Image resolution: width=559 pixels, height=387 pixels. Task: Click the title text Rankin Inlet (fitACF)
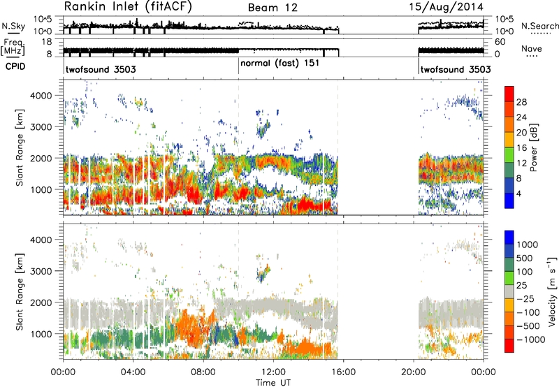click(x=128, y=7)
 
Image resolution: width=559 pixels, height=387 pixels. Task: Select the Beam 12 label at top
click(x=273, y=8)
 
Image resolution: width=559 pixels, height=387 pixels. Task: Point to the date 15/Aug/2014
click(x=446, y=7)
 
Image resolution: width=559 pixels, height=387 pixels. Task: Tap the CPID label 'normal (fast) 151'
click(x=280, y=64)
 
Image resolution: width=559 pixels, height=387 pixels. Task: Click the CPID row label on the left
click(x=15, y=66)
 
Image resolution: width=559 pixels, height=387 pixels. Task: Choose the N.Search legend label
click(x=540, y=26)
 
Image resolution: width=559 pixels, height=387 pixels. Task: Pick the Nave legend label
click(x=532, y=48)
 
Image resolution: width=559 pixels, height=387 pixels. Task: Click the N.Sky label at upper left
click(x=13, y=26)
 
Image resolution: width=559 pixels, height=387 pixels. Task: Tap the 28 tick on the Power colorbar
click(x=521, y=102)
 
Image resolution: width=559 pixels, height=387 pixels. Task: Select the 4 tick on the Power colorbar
click(x=519, y=193)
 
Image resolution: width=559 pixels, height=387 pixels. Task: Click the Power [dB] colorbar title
click(x=533, y=147)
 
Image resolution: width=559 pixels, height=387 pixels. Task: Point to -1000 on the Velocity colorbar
click(x=531, y=339)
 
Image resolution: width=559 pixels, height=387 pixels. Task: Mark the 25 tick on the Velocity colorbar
click(x=522, y=286)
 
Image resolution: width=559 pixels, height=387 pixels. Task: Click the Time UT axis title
click(x=273, y=383)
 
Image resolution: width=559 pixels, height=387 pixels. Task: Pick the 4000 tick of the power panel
click(x=41, y=96)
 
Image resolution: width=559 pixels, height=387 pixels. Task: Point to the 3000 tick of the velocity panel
click(x=41, y=271)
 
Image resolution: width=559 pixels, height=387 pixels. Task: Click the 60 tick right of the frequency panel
click(x=500, y=42)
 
